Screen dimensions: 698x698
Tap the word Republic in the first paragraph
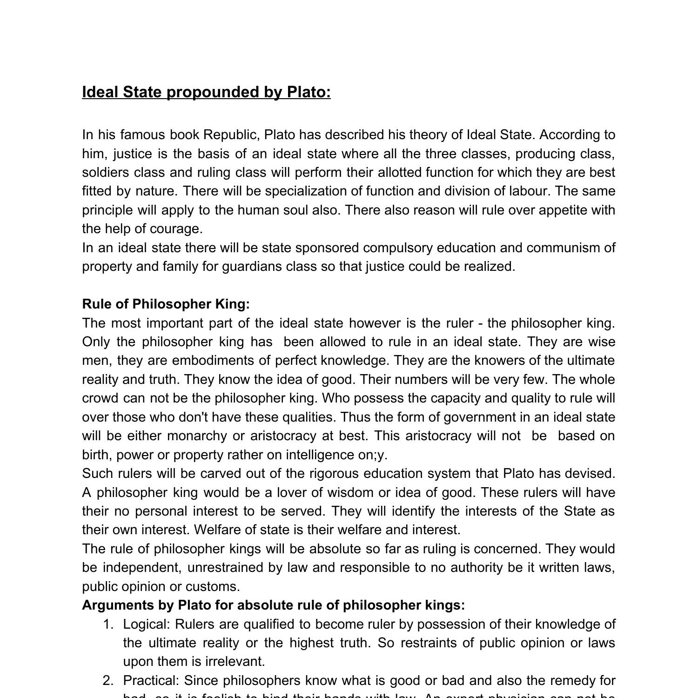pos(231,135)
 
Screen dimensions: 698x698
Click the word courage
pos(176,229)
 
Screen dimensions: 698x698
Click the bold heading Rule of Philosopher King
pos(166,304)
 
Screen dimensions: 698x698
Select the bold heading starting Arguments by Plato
pos(274,605)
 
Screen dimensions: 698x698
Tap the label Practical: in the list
pos(151,681)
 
